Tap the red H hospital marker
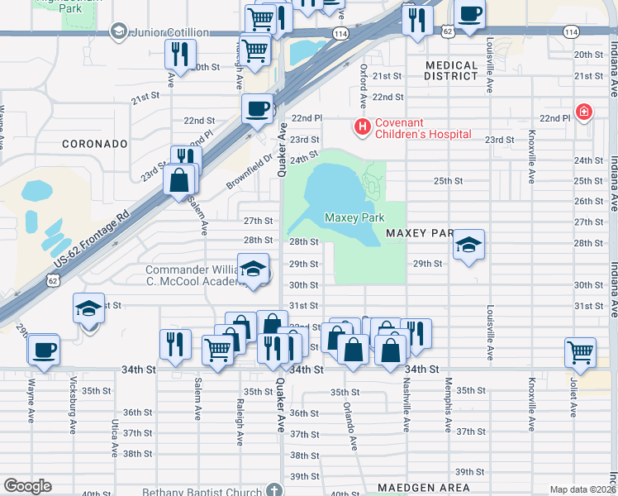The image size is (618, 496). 361,127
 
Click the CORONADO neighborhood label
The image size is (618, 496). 95,143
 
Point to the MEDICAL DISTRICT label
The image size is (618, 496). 451,70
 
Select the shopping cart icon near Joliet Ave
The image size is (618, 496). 581,352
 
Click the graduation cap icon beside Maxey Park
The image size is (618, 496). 468,245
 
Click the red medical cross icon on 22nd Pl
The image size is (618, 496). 585,112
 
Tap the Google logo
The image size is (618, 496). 27,486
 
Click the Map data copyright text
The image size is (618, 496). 582,489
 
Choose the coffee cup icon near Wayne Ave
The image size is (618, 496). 43,349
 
